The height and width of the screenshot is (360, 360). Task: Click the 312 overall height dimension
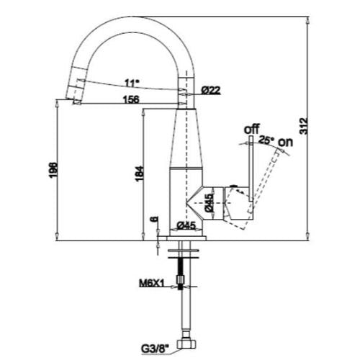[x=304, y=126]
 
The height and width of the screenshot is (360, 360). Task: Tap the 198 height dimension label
[x=53, y=171]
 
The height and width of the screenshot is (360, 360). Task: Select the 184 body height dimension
[x=140, y=174]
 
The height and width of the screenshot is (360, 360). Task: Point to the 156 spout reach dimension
[x=131, y=99]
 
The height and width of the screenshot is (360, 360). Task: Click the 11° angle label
[x=132, y=83]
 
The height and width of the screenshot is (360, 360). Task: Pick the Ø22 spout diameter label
[x=211, y=90]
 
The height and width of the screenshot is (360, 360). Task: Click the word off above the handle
[x=252, y=129]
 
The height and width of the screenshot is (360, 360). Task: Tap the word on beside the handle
[x=286, y=142]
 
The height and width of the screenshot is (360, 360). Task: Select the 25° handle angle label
[x=266, y=140]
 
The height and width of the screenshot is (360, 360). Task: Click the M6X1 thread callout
[x=152, y=284]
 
